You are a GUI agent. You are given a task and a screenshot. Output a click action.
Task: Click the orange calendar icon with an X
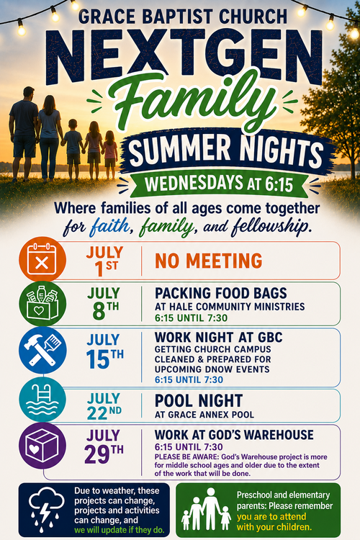click(x=42, y=260)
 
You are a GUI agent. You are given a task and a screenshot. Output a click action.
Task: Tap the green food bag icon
click(x=42, y=304)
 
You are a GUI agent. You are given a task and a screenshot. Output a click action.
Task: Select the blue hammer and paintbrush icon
click(x=42, y=351)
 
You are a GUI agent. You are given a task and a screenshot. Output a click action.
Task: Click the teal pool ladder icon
click(x=42, y=399)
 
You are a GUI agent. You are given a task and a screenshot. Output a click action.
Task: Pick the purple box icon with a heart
click(x=42, y=446)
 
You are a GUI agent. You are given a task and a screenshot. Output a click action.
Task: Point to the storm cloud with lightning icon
click(x=47, y=510)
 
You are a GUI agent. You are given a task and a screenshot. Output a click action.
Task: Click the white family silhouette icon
click(x=206, y=509)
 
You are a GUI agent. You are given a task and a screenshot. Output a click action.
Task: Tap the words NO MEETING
click(x=208, y=261)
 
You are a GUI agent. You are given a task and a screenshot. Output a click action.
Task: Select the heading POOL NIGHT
click(x=199, y=401)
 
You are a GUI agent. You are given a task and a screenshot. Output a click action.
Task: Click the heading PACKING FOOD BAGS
click(x=221, y=294)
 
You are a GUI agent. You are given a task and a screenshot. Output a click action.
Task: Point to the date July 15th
click(x=104, y=351)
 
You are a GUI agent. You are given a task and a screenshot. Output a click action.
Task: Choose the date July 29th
click(x=104, y=446)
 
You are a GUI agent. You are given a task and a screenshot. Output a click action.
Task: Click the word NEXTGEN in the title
click(x=184, y=56)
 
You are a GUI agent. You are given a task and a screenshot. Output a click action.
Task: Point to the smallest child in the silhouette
click(x=110, y=155)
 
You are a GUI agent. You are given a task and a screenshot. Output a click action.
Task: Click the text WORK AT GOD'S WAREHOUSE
click(x=234, y=435)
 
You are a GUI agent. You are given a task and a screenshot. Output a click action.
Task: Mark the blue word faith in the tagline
click(x=110, y=228)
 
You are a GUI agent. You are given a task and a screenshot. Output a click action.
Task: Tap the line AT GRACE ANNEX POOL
click(x=204, y=415)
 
